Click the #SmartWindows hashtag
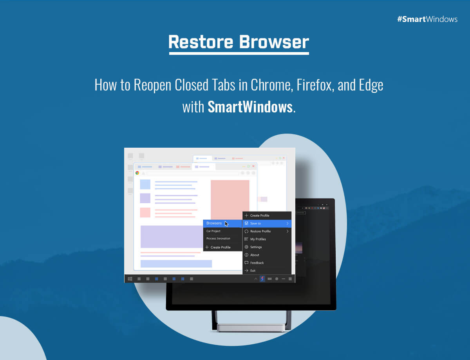(x=427, y=19)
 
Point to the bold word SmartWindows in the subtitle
(x=250, y=107)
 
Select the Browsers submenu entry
(x=214, y=223)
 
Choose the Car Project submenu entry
(x=213, y=231)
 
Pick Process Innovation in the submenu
(x=218, y=239)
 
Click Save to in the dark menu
(x=255, y=223)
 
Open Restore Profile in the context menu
(x=260, y=231)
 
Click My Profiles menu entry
(x=258, y=239)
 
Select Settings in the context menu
(x=256, y=247)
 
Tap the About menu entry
(x=255, y=255)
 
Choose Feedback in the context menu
(x=257, y=263)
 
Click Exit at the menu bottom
(x=253, y=271)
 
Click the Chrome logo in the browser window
(x=137, y=173)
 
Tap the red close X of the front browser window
(x=253, y=166)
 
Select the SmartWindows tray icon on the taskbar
(x=262, y=279)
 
